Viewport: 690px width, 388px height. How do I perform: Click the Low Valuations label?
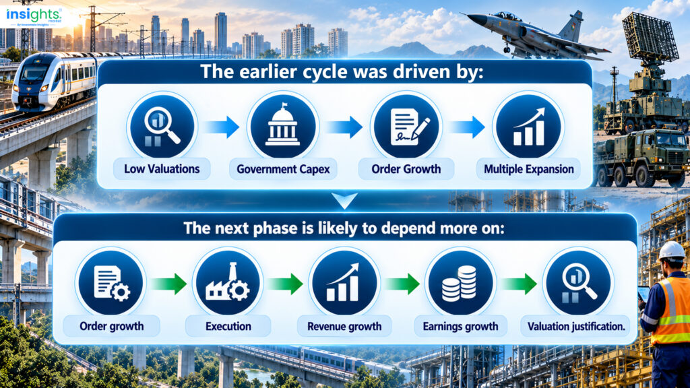[162, 169]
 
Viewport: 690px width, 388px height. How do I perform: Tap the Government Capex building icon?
[283, 126]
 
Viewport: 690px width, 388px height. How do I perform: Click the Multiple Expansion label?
[528, 169]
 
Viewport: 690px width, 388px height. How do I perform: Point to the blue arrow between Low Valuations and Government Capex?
[222, 127]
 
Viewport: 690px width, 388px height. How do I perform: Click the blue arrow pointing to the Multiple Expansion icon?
[467, 127]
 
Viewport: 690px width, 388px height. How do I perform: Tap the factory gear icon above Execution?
[228, 283]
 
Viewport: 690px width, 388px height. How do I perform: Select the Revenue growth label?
[344, 327]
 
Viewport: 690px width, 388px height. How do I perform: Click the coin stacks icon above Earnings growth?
[460, 284]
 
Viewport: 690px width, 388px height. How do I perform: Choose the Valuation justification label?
[576, 327]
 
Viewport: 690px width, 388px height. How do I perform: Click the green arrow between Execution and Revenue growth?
[286, 284]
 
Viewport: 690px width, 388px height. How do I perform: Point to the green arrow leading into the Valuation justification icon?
[520, 284]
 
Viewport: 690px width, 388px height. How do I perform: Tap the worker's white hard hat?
[671, 251]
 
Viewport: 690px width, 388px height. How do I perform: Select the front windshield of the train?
[32, 73]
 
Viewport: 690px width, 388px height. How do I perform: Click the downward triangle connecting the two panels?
[344, 200]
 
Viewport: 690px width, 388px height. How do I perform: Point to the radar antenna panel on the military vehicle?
[650, 38]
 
